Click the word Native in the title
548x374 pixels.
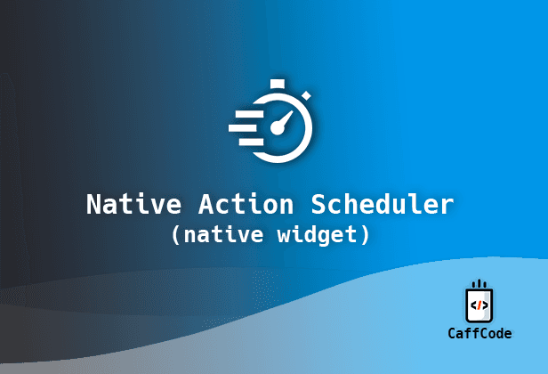click(x=133, y=204)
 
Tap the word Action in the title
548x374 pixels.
click(x=246, y=204)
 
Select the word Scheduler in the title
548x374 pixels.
click(x=383, y=204)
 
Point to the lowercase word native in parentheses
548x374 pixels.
click(x=223, y=235)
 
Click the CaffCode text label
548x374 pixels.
click(x=479, y=333)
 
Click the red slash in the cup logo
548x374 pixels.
click(x=479, y=305)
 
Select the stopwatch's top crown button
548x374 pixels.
click(x=278, y=84)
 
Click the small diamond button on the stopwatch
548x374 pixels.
click(x=306, y=95)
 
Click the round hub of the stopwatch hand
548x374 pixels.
click(x=278, y=128)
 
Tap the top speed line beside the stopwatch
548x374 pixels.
click(x=249, y=114)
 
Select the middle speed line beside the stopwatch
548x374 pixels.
click(x=244, y=128)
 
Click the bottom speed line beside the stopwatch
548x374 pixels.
click(x=251, y=142)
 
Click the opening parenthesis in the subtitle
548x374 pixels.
click(x=176, y=235)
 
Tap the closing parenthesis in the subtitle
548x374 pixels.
click(x=365, y=235)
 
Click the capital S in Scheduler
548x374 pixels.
click(x=318, y=204)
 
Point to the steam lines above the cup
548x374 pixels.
click(x=479, y=283)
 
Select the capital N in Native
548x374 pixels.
click(x=93, y=204)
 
